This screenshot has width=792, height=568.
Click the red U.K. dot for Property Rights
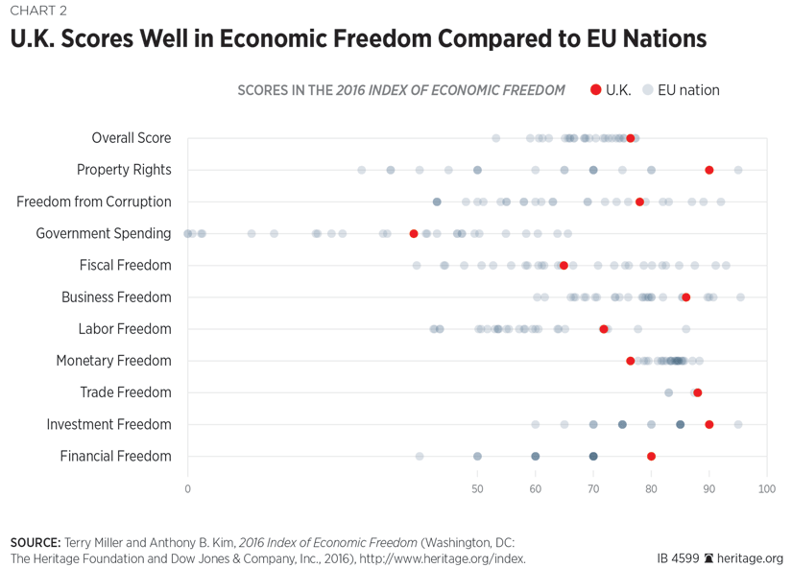[709, 170]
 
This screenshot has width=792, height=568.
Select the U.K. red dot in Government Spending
[414, 233]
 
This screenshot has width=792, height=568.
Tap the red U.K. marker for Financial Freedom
[652, 457]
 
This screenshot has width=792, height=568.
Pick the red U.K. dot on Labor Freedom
[604, 329]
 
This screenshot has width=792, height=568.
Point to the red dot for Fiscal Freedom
[564, 265]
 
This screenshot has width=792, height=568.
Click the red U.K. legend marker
[595, 90]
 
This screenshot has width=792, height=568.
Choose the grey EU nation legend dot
[648, 90]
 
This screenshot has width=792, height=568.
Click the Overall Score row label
[132, 138]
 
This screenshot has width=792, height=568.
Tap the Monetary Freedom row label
[113, 361]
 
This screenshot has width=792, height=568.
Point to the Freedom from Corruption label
[94, 201]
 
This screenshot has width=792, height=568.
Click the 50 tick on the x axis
[477, 489]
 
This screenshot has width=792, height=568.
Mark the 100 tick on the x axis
[766, 489]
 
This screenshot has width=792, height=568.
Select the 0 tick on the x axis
[188, 489]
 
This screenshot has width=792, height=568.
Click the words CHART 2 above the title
[38, 12]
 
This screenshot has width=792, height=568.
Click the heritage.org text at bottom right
[752, 557]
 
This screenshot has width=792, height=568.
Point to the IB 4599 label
[678, 557]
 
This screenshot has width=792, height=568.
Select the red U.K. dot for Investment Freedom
[709, 424]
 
